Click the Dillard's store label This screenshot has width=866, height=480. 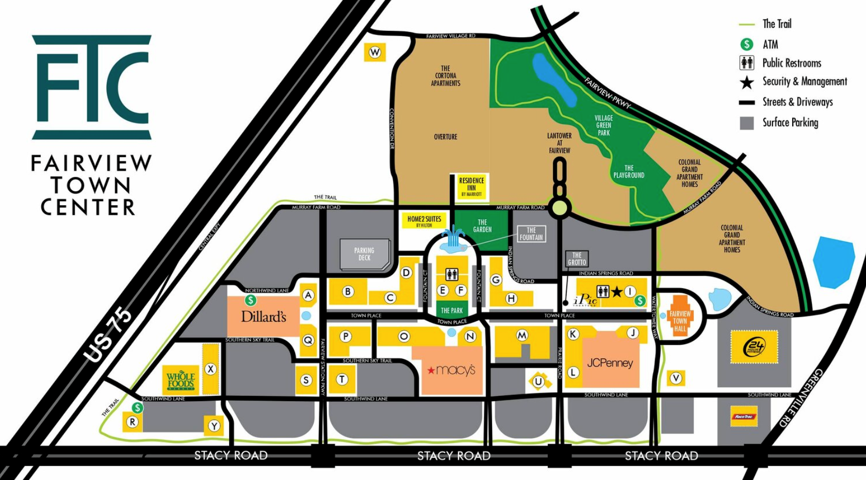click(x=264, y=316)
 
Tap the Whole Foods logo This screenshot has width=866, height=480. click(x=181, y=380)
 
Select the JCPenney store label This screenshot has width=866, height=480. click(x=610, y=362)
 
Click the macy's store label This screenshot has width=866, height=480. click(x=451, y=370)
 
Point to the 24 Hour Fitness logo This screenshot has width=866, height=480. click(x=754, y=346)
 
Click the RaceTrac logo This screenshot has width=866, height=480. click(x=744, y=417)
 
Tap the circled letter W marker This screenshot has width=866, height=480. click(x=375, y=52)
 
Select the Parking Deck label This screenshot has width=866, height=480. click(x=364, y=254)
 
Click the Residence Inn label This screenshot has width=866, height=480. click(x=471, y=187)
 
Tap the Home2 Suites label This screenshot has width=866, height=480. click(x=424, y=221)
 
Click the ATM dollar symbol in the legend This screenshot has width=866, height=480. click(x=746, y=44)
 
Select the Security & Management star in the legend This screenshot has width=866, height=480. click(x=746, y=82)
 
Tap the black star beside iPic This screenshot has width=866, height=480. click(x=617, y=292)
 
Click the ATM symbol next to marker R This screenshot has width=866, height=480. click(x=137, y=408)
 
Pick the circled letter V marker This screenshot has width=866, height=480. click(x=676, y=378)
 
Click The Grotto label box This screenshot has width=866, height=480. click(x=577, y=259)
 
